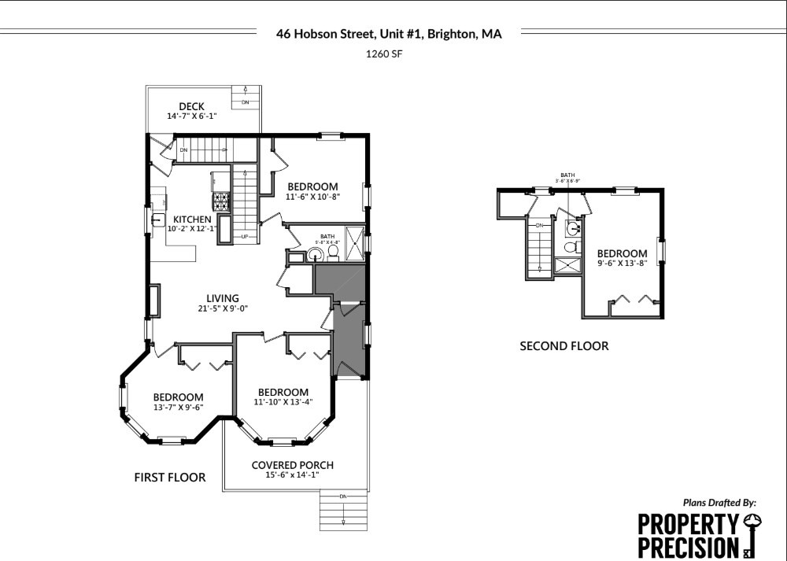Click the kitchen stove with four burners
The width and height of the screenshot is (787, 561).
[220, 201]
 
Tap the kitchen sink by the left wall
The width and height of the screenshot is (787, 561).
[157, 200]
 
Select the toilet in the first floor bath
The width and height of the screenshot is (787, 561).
[333, 252]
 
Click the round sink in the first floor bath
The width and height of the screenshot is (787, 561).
[315, 254]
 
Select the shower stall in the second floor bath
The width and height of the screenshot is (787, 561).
[567, 265]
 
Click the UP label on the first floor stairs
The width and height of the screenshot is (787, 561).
[245, 236]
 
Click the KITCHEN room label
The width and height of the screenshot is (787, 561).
[192, 220]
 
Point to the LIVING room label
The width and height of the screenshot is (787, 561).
[223, 298]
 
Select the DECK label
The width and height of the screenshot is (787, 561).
[191, 106]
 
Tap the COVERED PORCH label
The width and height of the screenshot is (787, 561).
[292, 465]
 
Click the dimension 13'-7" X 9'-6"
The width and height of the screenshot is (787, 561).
[178, 408]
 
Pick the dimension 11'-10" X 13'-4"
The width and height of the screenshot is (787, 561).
[283, 402]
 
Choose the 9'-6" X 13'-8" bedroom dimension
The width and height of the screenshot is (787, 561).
[622, 263]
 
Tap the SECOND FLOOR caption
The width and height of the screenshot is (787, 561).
[563, 345]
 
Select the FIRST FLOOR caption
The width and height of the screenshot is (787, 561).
[170, 477]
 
